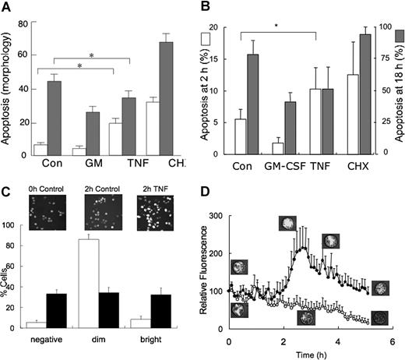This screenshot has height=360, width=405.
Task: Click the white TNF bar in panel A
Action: [x=115, y=139]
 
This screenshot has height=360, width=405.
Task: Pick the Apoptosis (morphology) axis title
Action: [x=8, y=85]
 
